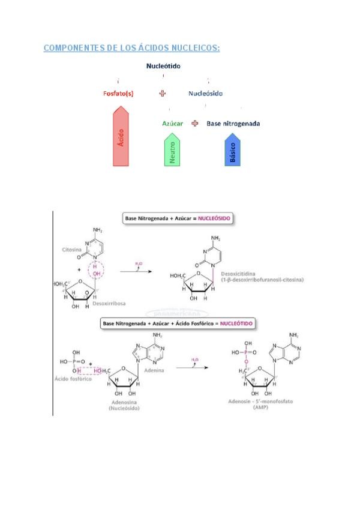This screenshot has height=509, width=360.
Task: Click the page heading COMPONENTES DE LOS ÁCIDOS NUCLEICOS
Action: point(131,48)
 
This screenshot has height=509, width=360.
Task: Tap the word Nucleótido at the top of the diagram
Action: point(163,66)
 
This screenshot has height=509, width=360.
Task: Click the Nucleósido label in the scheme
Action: point(205,94)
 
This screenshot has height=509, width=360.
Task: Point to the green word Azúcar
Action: point(172,124)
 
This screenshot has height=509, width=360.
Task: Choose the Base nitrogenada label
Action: point(233,124)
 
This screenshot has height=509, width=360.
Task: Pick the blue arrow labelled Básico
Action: point(232,152)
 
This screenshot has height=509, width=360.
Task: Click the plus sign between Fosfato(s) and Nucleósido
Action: point(162,94)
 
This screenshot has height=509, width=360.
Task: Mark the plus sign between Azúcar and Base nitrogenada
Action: point(194,124)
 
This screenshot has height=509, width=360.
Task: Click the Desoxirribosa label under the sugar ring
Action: point(107,304)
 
